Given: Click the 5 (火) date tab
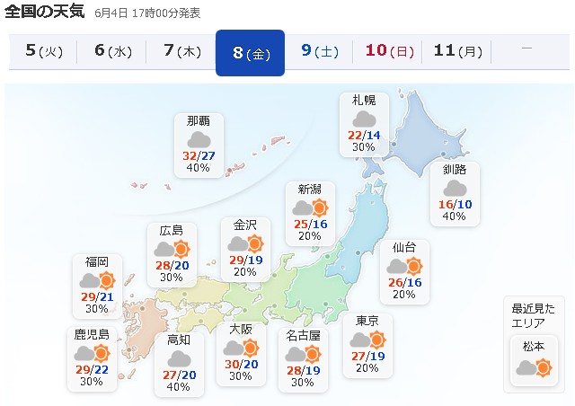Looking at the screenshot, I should [43, 50].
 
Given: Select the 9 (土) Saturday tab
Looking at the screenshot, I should [320, 50].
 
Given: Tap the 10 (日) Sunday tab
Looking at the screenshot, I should [389, 50].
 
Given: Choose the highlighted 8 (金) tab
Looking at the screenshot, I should [251, 52].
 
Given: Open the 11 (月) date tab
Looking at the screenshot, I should [457, 50].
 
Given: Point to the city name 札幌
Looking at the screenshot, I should [364, 100].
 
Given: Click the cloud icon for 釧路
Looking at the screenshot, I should [454, 188].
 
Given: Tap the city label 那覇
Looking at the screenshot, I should [199, 121].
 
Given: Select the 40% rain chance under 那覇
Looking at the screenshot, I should [199, 168].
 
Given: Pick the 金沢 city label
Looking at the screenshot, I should [245, 225].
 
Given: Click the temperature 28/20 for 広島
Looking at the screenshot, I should [172, 266].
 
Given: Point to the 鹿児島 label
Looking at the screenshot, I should [92, 334].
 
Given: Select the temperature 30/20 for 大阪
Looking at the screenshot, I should [240, 365].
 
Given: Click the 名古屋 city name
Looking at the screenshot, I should [303, 335].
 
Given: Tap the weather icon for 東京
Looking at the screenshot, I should [367, 340].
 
